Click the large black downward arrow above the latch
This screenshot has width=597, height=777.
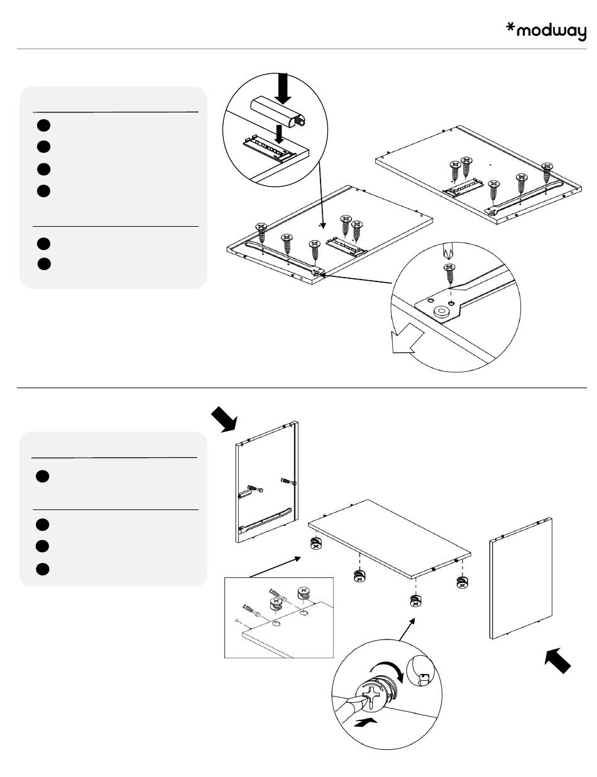pyautogui.click(x=283, y=88)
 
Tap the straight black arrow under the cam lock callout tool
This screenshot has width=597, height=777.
pyautogui.click(x=366, y=723)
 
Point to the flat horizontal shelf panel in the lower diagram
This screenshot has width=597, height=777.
pyautogui.click(x=390, y=538)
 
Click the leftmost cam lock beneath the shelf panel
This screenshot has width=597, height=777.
pyautogui.click(x=315, y=543)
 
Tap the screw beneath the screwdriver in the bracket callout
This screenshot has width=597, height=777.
pyautogui.click(x=449, y=274)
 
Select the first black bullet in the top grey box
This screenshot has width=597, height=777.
pyautogui.click(x=43, y=124)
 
